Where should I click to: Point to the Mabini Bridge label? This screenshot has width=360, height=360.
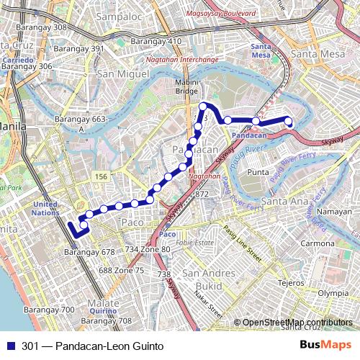click(186, 87)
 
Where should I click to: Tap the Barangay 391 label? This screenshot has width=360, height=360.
click(79, 48)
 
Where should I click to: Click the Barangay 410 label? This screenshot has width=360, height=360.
click(156, 41)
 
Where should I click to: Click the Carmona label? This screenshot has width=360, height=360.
click(318, 243)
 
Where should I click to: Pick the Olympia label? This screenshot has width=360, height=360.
click(333, 293)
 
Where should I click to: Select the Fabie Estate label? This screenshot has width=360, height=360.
click(196, 243)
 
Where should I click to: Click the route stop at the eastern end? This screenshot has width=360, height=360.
click(288, 120)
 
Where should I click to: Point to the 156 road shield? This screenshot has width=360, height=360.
click(101, 176)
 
